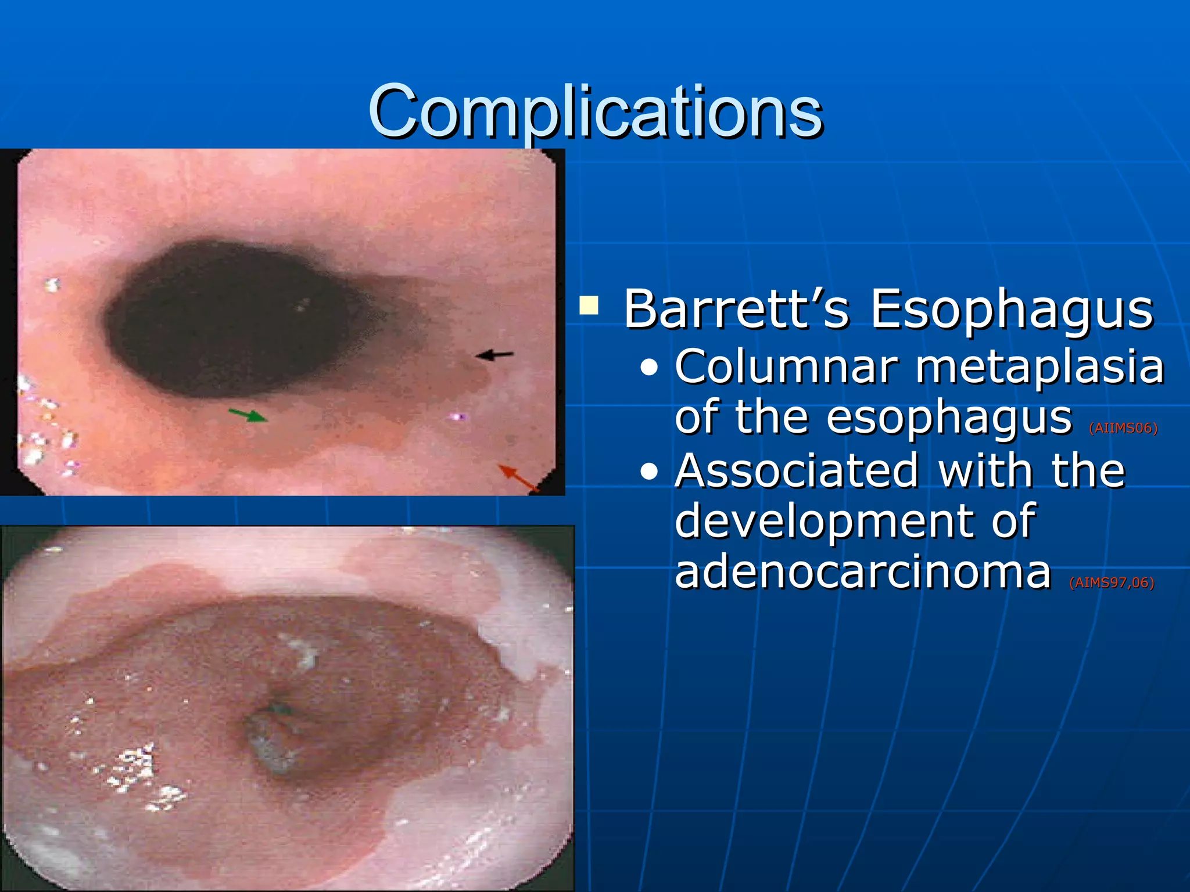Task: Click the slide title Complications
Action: tap(595, 111)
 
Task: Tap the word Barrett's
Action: tap(737, 309)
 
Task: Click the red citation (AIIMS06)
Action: tap(1123, 429)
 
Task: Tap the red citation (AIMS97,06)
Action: tap(1111, 582)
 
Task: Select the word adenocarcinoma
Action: tap(863, 572)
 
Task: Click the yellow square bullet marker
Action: tap(589, 305)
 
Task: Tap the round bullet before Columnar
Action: tap(649, 368)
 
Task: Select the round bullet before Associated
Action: tap(649, 472)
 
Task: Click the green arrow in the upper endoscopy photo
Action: tap(249, 415)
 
